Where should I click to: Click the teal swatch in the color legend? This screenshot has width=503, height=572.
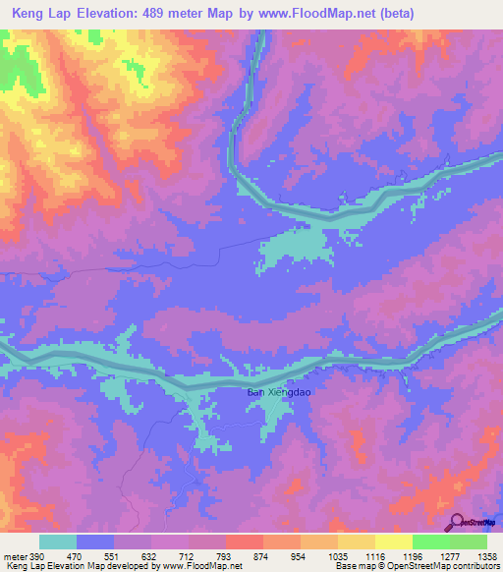(58, 542)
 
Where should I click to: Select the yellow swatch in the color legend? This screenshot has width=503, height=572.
(394, 542)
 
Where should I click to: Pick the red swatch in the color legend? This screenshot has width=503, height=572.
(245, 542)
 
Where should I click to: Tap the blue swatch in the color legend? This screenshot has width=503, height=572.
(95, 542)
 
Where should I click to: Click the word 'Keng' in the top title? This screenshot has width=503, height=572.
(30, 14)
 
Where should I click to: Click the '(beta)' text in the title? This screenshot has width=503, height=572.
(391, 14)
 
